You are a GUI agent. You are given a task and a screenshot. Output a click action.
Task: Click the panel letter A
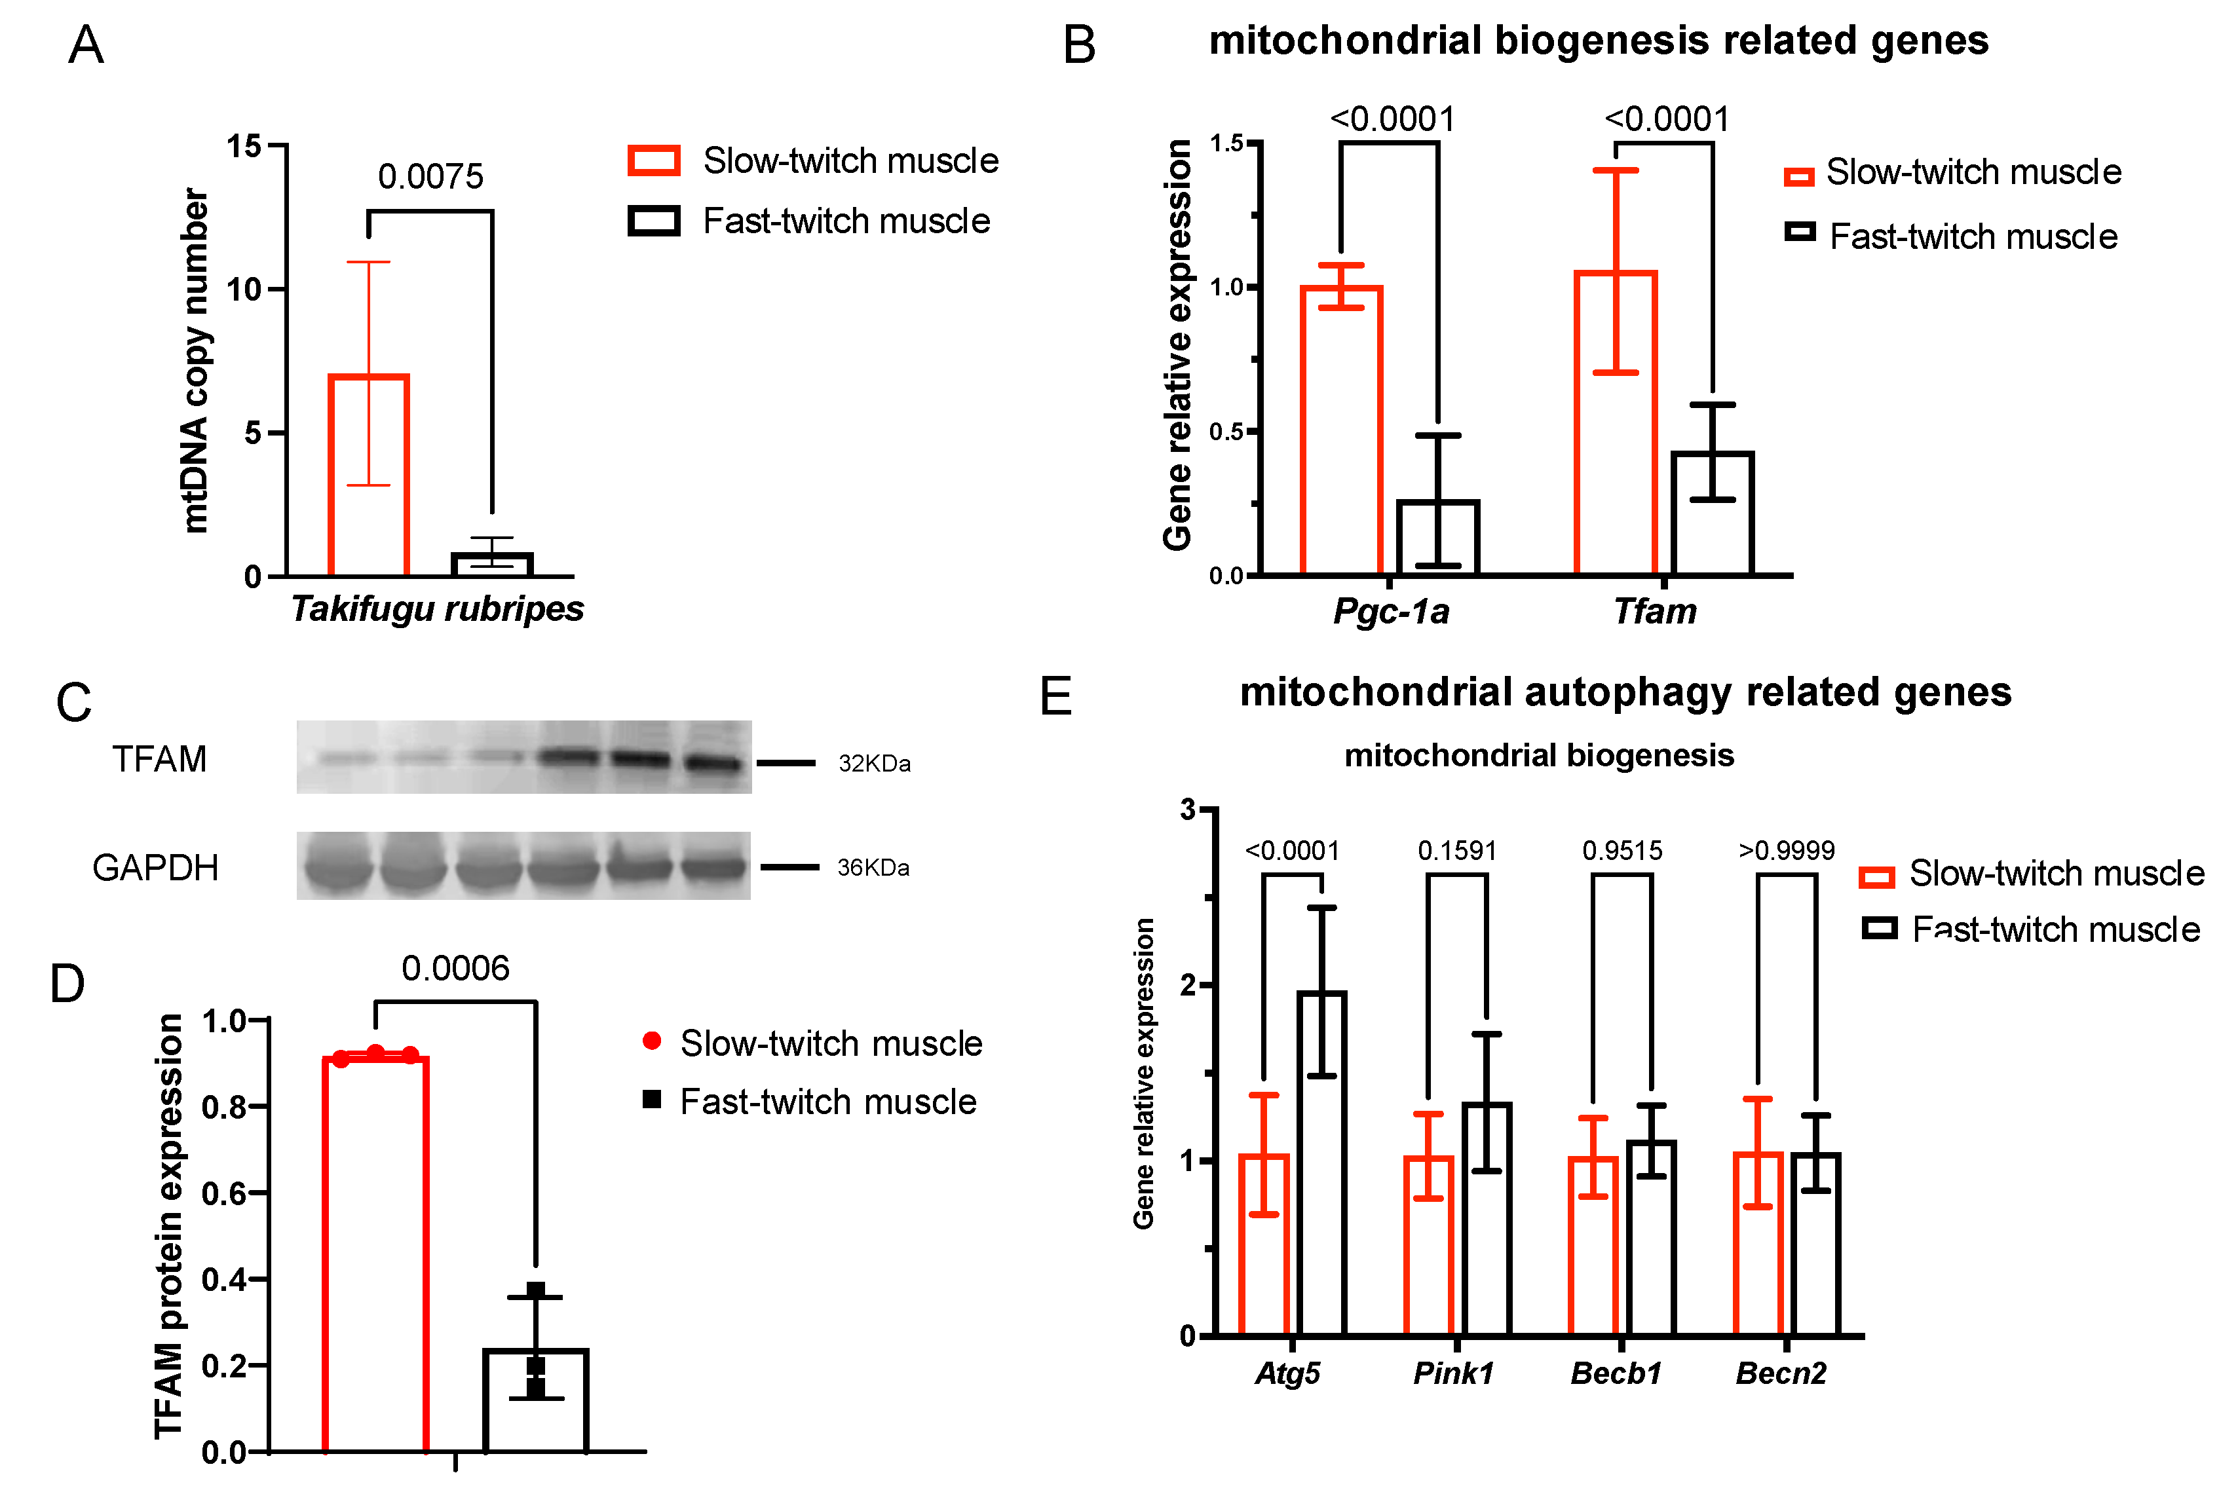(86, 45)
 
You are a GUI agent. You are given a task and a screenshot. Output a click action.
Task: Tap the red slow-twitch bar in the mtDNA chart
(368, 476)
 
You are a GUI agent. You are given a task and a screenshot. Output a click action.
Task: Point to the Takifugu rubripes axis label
(437, 609)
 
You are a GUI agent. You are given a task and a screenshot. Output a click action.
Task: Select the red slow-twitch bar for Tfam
(1616, 423)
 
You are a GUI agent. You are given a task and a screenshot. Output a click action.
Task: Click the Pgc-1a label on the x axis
(1390, 611)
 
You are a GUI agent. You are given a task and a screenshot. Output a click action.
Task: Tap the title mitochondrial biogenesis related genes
(1599, 41)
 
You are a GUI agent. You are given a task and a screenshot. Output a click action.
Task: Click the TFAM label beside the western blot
(159, 759)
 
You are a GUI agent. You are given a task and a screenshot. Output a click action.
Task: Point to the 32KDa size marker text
(873, 764)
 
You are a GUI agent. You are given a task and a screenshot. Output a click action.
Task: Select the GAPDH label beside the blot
(155, 868)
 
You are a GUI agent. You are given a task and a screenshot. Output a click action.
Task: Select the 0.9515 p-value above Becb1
(1622, 851)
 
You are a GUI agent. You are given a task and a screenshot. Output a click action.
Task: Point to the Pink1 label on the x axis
(1453, 1373)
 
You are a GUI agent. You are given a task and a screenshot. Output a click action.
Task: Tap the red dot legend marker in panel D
(652, 1041)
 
